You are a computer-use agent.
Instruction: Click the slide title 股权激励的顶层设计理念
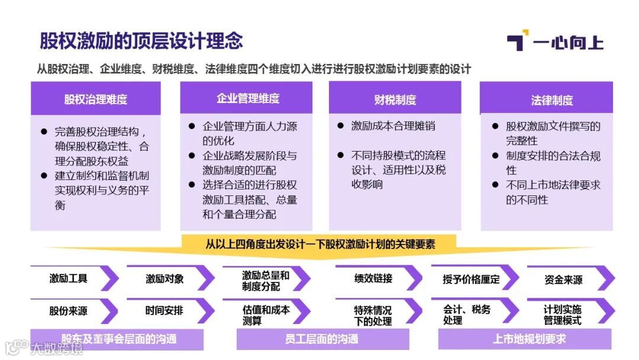tap(141, 41)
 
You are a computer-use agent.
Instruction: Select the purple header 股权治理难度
tap(96, 99)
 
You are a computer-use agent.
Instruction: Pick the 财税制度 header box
tap(395, 99)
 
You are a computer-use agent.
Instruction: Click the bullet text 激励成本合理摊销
tap(393, 126)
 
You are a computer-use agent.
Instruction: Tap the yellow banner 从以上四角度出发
tap(319, 243)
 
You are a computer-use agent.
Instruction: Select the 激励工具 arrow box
tap(69, 278)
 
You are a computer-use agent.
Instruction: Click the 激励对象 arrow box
tap(166, 278)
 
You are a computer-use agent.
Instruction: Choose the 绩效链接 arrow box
tap(374, 278)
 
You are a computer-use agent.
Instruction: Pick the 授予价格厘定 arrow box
tap(472, 279)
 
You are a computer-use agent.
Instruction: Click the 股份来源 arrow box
tap(69, 310)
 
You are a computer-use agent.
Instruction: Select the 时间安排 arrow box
tap(166, 310)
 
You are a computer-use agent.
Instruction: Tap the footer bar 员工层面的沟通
tap(322, 339)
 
